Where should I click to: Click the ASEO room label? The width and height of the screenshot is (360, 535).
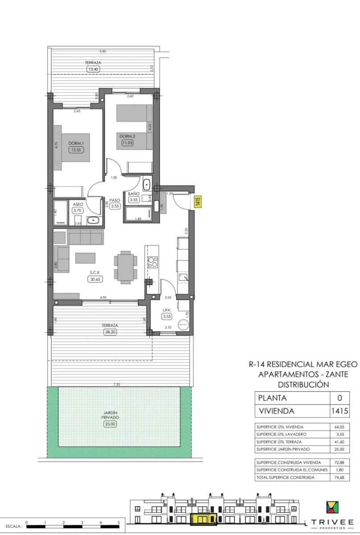tap(78, 204)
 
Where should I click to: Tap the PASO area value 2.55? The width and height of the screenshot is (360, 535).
tap(115, 206)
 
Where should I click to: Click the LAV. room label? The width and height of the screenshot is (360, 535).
tap(167, 309)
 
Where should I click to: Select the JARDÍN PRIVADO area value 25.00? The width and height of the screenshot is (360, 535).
tap(110, 424)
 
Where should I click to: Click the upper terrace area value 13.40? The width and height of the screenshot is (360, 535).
tap(94, 69)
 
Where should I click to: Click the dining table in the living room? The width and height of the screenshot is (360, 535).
tap(125, 267)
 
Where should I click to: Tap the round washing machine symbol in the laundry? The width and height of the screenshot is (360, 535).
tap(183, 326)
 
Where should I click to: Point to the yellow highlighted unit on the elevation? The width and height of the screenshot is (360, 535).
tap(203, 519)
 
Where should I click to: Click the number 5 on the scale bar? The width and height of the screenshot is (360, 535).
tap(119, 521)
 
